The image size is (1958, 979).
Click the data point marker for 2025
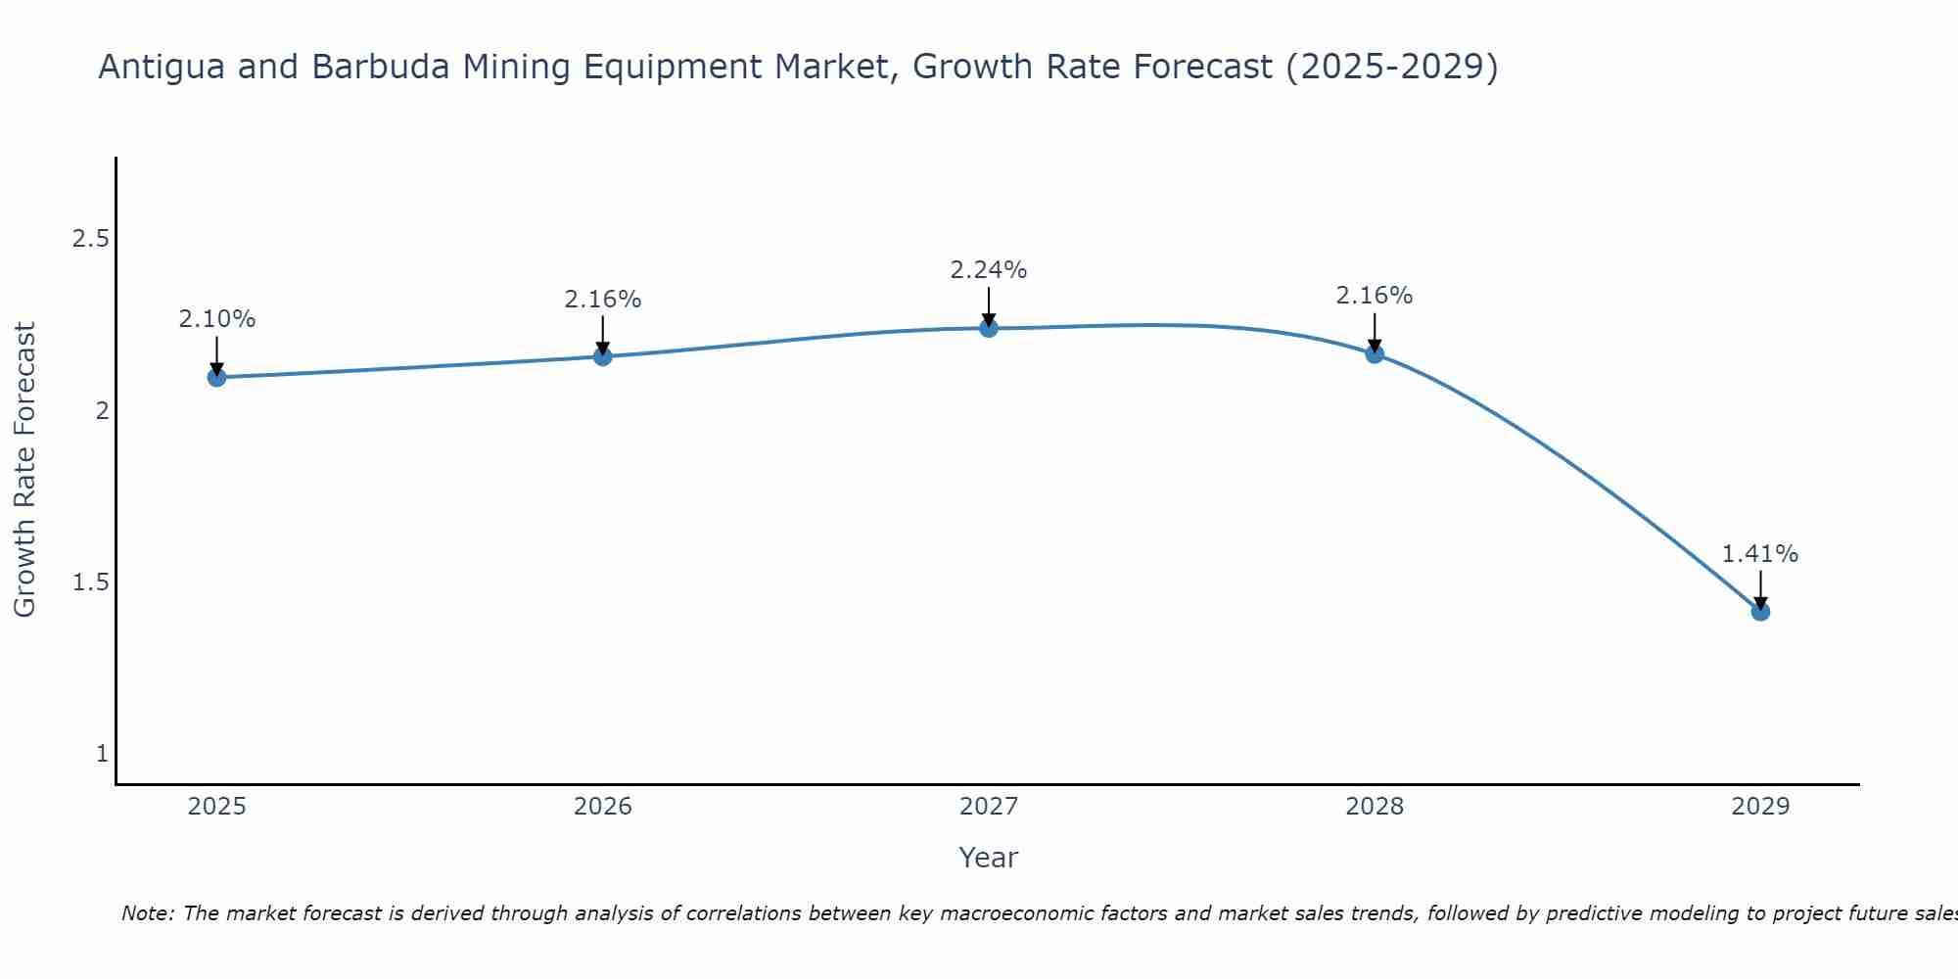click(x=217, y=377)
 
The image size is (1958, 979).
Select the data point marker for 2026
click(x=603, y=356)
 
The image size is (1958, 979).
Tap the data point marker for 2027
click(x=989, y=328)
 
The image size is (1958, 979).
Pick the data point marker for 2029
click(x=1760, y=612)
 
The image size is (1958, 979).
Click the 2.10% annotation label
click(x=217, y=319)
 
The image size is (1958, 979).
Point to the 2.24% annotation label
click(x=989, y=270)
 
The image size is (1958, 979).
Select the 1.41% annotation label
click(x=1760, y=554)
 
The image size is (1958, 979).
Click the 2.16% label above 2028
click(x=1375, y=296)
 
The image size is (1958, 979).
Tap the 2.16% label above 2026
click(x=603, y=300)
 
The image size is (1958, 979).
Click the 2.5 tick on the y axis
click(x=90, y=239)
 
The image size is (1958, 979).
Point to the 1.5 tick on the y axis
click(x=90, y=583)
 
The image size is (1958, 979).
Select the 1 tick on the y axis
click(x=102, y=754)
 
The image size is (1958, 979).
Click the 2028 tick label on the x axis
click(x=1375, y=807)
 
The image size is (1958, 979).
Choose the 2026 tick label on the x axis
click(x=603, y=807)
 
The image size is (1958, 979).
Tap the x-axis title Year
click(x=989, y=858)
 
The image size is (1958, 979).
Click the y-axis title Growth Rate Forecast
click(x=25, y=470)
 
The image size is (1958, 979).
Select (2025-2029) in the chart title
click(x=1391, y=68)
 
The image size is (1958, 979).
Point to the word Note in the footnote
click(x=146, y=913)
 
